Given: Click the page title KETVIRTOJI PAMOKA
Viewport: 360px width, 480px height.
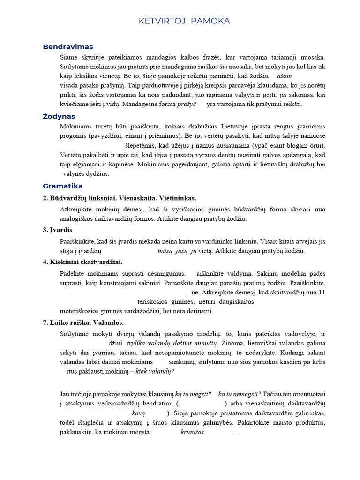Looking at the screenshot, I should pyautogui.click(x=184, y=21).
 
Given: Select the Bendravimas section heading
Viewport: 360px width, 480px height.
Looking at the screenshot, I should pyautogui.click(x=67, y=47).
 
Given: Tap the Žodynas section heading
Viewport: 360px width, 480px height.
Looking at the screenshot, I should pyautogui.click(x=59, y=116).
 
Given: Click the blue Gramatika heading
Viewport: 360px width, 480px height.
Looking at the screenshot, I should pyautogui.click(x=62, y=186).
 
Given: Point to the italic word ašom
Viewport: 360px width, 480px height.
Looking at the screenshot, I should pyautogui.click(x=285, y=75).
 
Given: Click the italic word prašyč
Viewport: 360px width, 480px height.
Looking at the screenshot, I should pyautogui.click(x=186, y=104).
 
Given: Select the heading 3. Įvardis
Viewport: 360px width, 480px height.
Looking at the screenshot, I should pyautogui.click(x=57, y=230).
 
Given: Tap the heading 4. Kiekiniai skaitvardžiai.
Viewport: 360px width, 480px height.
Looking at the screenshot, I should pyautogui.click(x=82, y=262).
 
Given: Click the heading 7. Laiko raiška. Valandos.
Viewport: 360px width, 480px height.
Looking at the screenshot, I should pyautogui.click(x=83, y=322).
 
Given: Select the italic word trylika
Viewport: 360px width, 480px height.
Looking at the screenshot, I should pyautogui.click(x=137, y=343).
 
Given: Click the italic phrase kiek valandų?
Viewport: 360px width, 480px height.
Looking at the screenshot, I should pyautogui.click(x=155, y=371).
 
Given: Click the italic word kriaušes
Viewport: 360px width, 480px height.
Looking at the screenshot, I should pyautogui.click(x=192, y=432).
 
